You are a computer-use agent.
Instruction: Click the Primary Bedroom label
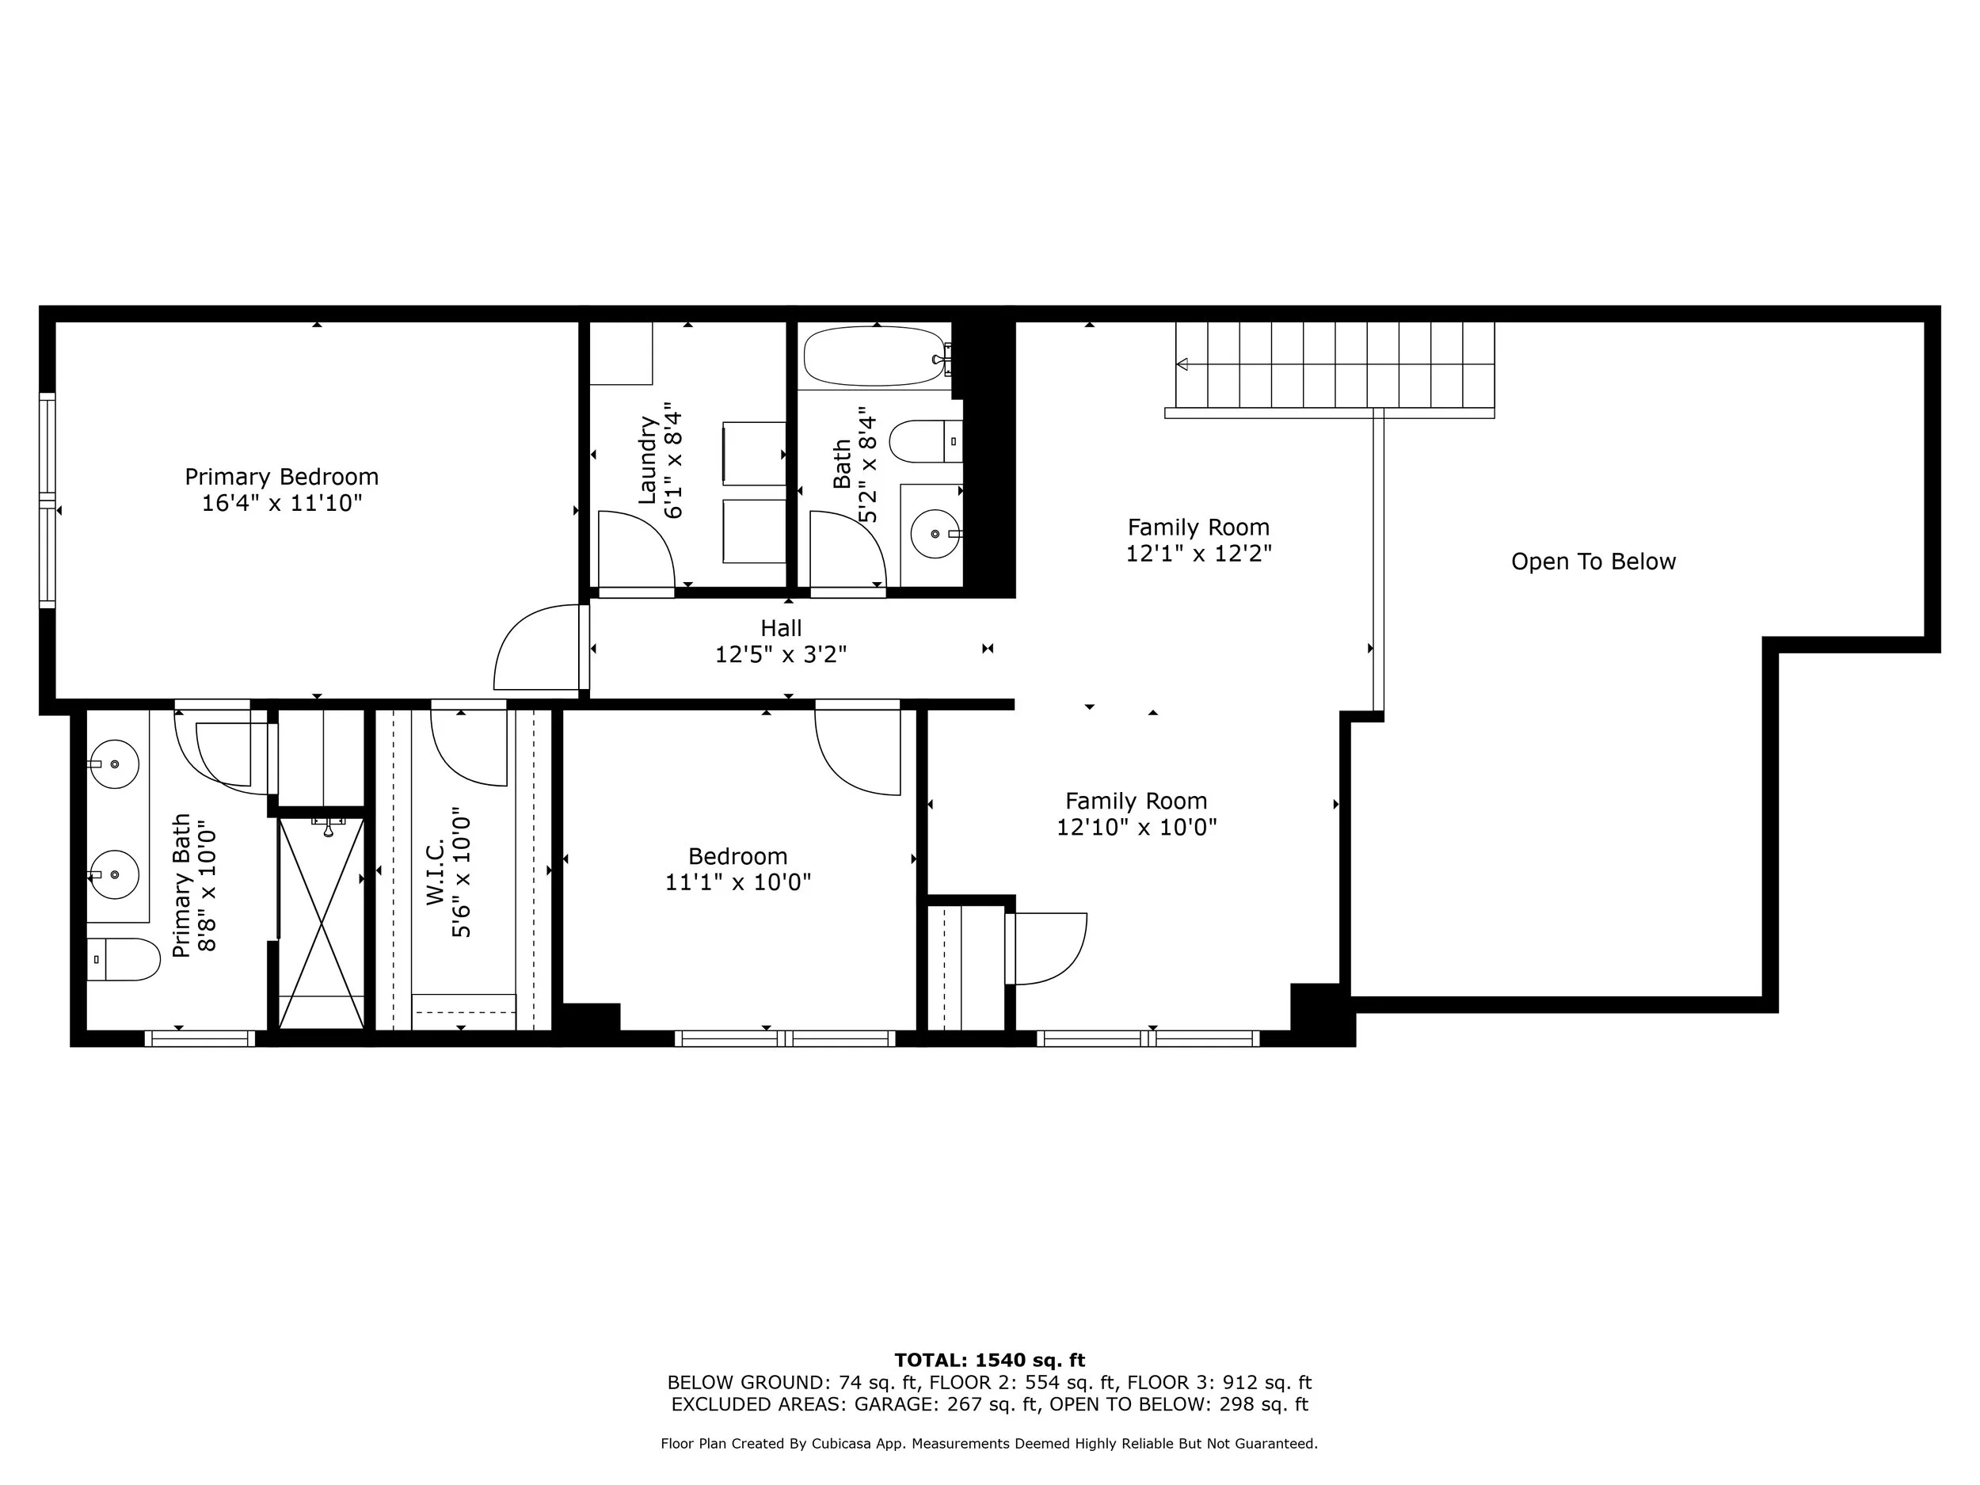281,476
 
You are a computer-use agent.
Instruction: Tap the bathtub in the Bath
874,356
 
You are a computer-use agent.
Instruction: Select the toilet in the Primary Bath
123,958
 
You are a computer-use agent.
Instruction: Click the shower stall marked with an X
322,923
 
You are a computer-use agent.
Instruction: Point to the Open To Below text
1593,562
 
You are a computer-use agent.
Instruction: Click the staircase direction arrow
1182,364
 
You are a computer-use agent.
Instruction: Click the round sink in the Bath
935,534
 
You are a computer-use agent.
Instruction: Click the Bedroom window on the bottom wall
784,1038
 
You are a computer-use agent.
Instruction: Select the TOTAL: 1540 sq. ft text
989,1361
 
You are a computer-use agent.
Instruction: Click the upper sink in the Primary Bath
116,763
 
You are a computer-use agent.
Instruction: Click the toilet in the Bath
922,441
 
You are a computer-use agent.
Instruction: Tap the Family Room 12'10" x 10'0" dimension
1136,827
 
